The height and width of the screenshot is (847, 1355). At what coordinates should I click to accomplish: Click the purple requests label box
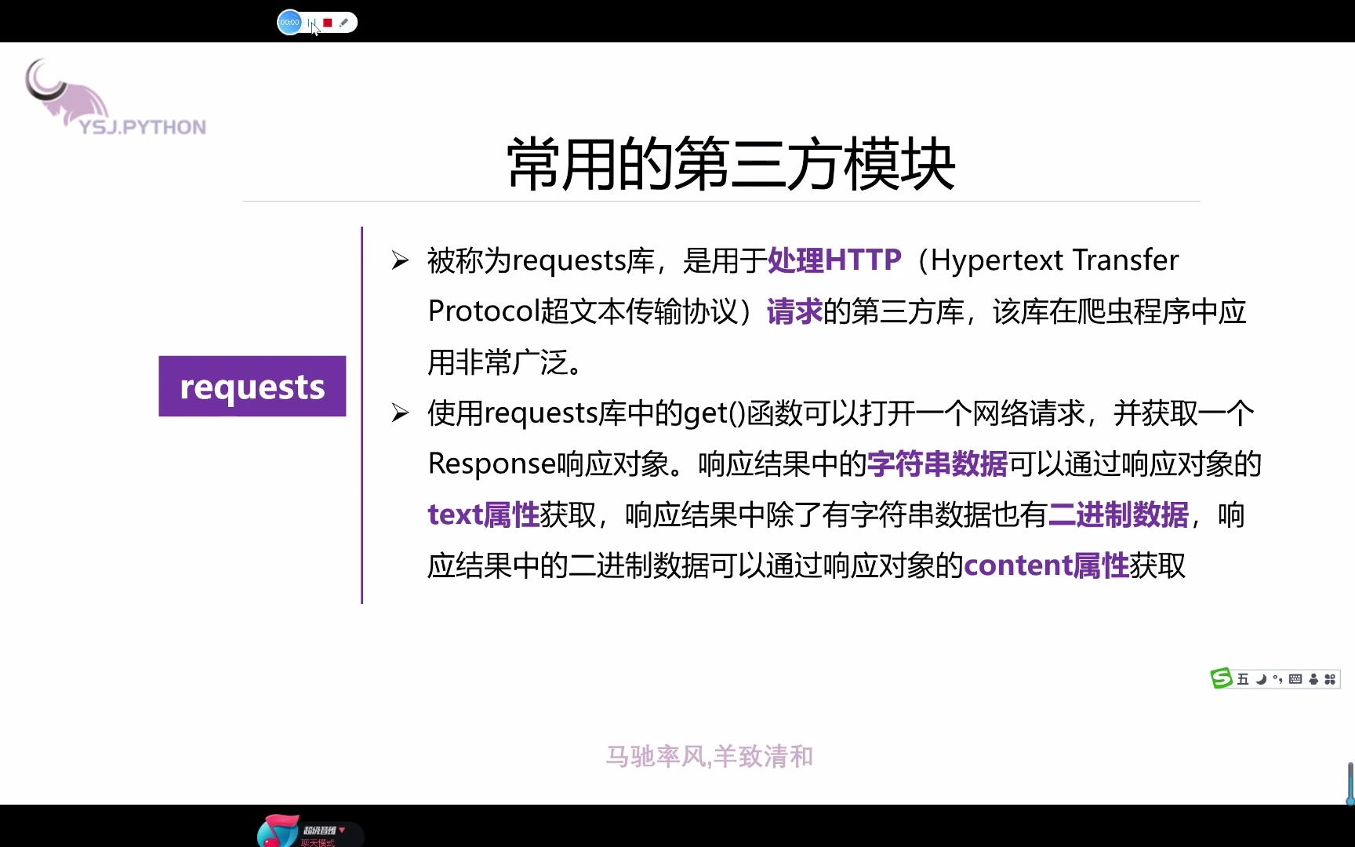coord(252,386)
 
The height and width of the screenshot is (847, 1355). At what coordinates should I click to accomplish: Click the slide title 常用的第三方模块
coord(731,164)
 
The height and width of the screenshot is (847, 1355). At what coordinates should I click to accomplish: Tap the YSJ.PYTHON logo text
coord(143,127)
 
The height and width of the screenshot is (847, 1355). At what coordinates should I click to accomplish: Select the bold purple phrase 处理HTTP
coord(834,260)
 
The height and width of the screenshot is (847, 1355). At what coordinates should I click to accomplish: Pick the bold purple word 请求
coord(794,311)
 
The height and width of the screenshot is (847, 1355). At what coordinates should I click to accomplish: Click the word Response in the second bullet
coord(492,464)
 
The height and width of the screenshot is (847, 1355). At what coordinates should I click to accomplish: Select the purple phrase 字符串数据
coord(937,464)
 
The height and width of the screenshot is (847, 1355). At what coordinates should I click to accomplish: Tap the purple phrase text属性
coord(484,515)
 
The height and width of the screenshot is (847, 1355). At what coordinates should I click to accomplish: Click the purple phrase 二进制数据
coord(1118,515)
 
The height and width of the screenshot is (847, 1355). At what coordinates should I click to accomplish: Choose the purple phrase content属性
coord(1046,565)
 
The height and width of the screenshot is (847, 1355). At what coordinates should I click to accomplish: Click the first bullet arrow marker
coord(400,260)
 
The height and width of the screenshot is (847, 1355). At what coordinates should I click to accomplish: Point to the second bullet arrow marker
coord(400,413)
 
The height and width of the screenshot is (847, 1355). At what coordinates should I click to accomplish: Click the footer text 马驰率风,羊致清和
coord(710,756)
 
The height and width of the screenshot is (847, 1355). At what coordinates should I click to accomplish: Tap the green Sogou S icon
coord(1221,678)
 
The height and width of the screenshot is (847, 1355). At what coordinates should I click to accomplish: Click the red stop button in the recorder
coord(328,23)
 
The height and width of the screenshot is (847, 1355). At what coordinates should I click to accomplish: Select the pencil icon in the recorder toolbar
coord(343,23)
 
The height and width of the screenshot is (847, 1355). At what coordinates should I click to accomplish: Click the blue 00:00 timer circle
coord(289,23)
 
